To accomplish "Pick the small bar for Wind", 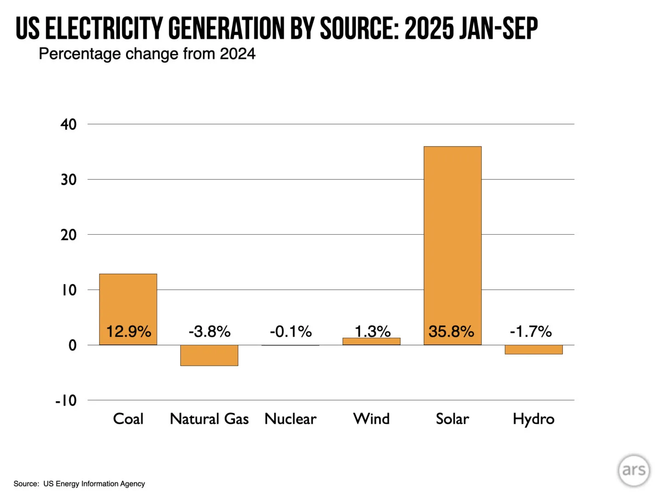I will (x=371, y=341).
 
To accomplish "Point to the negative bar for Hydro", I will (x=533, y=350).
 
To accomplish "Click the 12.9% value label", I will (x=128, y=331).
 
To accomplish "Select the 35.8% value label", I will (x=451, y=331).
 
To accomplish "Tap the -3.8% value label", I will (x=209, y=331).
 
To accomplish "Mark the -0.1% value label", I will (x=291, y=331).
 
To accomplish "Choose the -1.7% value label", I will (x=531, y=331).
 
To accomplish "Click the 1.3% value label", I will (x=372, y=331).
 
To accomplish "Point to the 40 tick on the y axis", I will (x=68, y=124).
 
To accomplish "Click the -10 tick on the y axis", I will (x=66, y=400).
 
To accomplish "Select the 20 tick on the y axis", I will (x=68, y=235).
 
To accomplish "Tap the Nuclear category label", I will (x=291, y=419).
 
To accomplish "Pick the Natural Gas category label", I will (x=209, y=419).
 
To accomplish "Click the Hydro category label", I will (x=533, y=419).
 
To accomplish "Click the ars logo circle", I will (x=634, y=470).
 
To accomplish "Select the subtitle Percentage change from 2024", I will (x=147, y=54).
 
